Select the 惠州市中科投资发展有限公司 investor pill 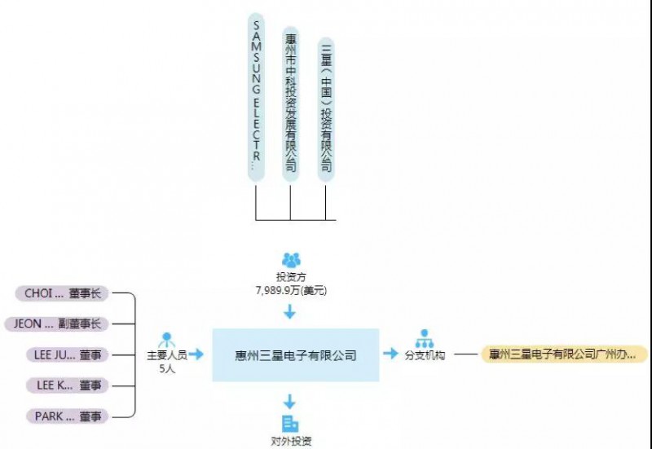point(291,103)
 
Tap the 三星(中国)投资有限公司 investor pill point(326,106)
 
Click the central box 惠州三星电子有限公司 point(295,355)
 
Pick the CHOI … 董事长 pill point(63,294)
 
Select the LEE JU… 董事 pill point(63,355)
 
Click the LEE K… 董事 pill point(63,385)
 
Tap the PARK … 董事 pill point(63,416)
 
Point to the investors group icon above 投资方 point(291,260)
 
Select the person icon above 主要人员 point(167,339)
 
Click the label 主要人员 point(167,355)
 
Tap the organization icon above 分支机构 point(425,338)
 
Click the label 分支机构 point(425,355)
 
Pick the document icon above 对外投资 point(289,423)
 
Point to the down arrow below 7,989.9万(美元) point(290,310)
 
